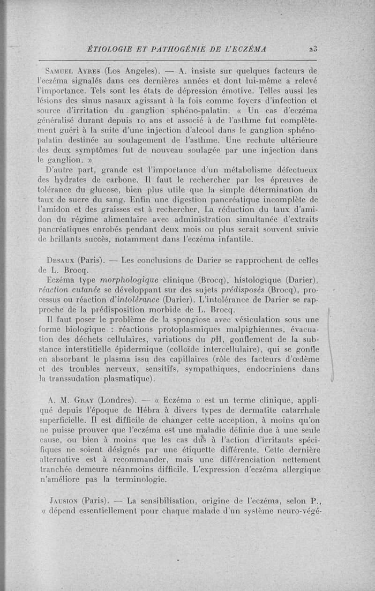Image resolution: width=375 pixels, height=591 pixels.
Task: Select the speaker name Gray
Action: click(x=84, y=400)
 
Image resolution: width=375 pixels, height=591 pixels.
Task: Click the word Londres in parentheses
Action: click(x=116, y=400)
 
